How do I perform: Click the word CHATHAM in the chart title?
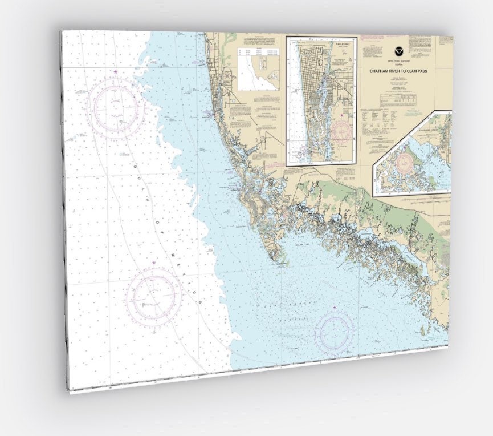click(382, 71)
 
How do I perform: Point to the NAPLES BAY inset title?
click(321, 43)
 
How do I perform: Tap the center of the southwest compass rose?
click(154, 295)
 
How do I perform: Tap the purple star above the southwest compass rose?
click(154, 263)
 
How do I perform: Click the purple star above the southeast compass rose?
click(335, 308)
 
